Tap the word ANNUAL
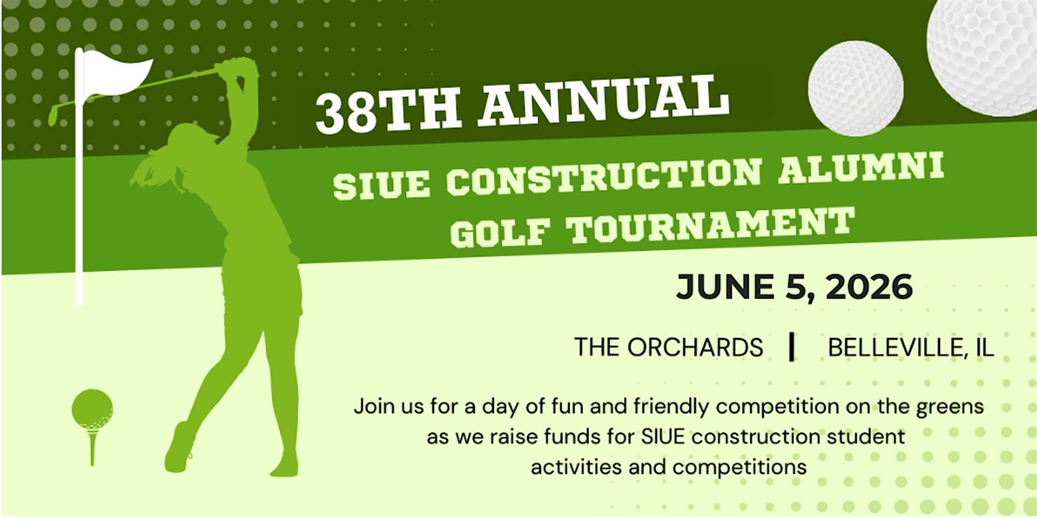603,102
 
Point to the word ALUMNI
860,168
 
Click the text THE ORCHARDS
668,347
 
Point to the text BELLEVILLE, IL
911,347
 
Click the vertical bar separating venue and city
791,347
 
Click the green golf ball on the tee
92,409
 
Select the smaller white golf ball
855,88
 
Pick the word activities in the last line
576,467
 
